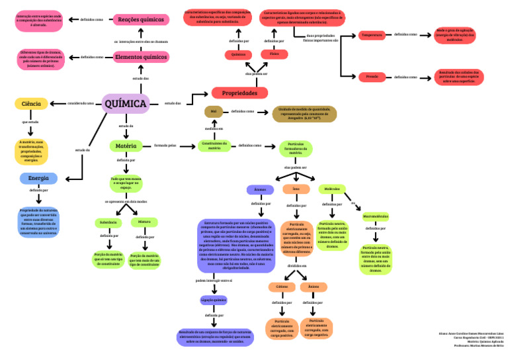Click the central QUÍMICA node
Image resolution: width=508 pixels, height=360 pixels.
point(125,103)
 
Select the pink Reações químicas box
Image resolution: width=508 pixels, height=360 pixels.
point(140,20)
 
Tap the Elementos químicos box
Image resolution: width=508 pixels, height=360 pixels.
point(140,58)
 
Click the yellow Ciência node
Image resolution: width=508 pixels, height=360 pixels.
point(31,103)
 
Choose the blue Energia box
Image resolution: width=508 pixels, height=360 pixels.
point(38,178)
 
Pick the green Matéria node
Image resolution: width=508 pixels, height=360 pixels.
point(126,146)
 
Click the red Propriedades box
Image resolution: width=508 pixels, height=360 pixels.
point(239,93)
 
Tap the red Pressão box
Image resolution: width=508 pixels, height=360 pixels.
point(372,77)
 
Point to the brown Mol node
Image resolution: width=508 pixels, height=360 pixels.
point(213,111)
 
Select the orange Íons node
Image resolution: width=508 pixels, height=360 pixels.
point(296,189)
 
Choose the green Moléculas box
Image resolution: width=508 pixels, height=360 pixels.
point(332,189)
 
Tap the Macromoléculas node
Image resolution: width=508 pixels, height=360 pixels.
point(376,216)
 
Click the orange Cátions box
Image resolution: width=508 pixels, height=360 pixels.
point(282,287)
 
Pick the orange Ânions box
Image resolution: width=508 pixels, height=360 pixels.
point(314,287)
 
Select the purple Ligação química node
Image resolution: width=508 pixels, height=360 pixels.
point(214,300)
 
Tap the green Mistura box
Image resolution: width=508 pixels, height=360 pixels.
point(144,222)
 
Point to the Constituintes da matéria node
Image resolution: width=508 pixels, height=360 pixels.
point(214,146)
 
